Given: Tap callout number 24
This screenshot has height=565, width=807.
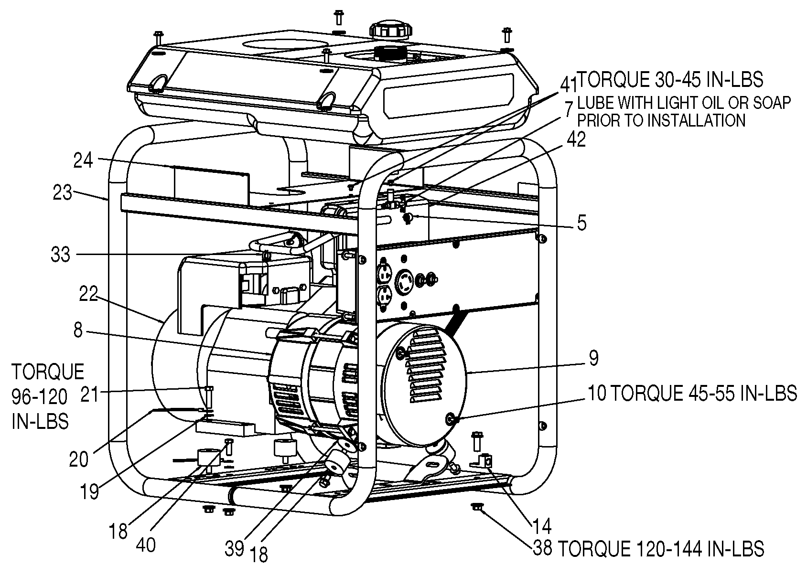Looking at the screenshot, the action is tap(83, 160).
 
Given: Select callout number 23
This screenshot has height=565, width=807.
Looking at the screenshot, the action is tap(62, 192).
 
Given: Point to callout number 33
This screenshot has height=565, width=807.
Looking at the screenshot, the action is tap(61, 255).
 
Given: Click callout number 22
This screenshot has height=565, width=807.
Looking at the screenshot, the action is tap(88, 295).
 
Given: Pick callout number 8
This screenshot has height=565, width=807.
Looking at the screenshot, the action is tap(78, 330).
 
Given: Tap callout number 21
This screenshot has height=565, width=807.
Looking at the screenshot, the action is tap(89, 394).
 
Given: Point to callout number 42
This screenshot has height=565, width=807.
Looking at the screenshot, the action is tap(576, 140).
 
